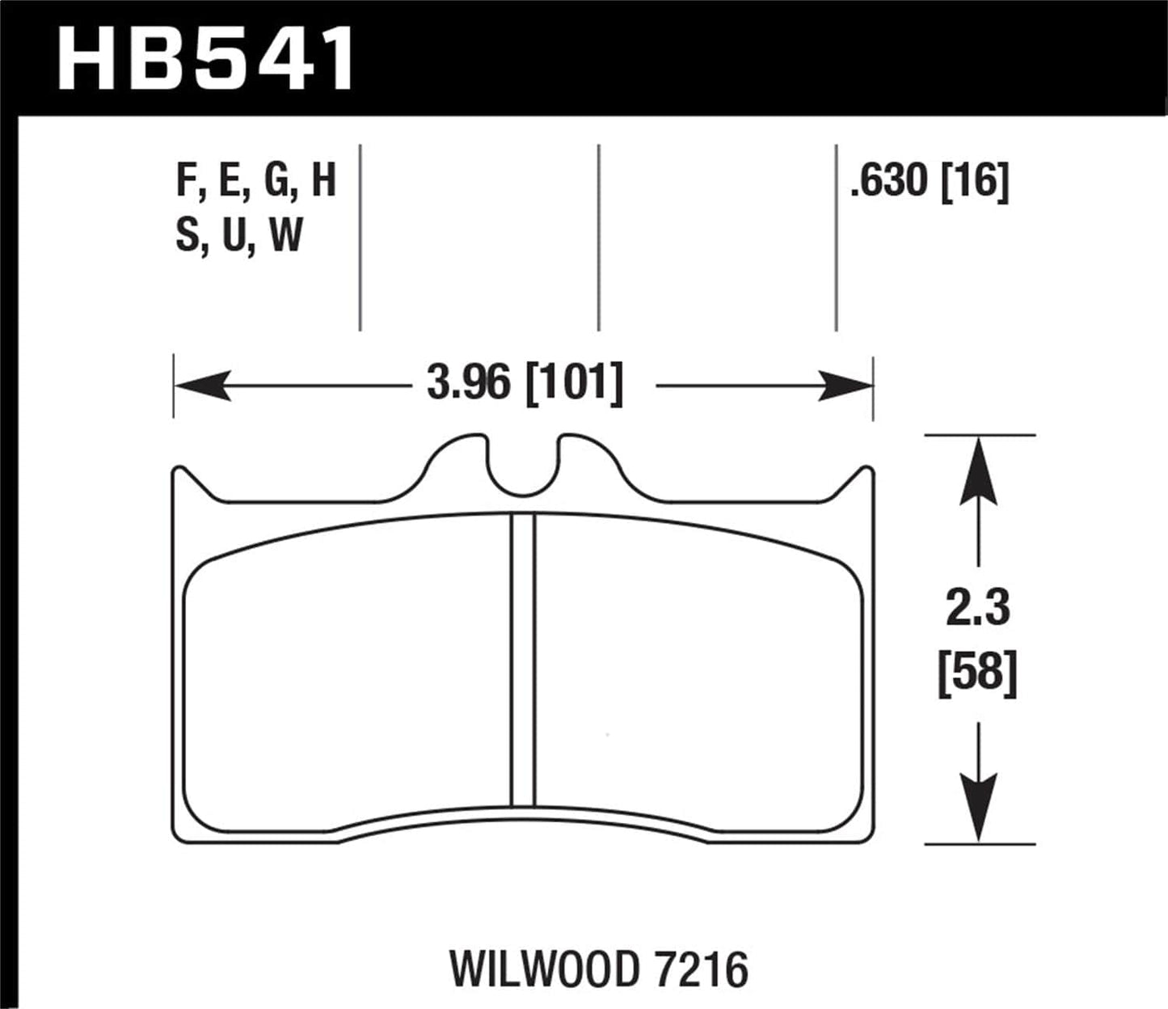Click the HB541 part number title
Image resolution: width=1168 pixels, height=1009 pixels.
tap(206, 58)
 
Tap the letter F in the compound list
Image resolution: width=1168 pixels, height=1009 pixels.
tap(186, 181)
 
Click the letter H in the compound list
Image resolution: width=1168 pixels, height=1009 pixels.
tap(323, 181)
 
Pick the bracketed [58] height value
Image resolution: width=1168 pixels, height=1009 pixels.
tap(978, 672)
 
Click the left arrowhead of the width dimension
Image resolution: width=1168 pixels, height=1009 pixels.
tap(199, 386)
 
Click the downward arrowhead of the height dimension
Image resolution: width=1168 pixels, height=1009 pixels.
tap(979, 808)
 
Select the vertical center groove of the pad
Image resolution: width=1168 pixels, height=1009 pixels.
tap(523, 659)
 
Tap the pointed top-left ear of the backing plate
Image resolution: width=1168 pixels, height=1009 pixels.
tap(180, 474)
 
